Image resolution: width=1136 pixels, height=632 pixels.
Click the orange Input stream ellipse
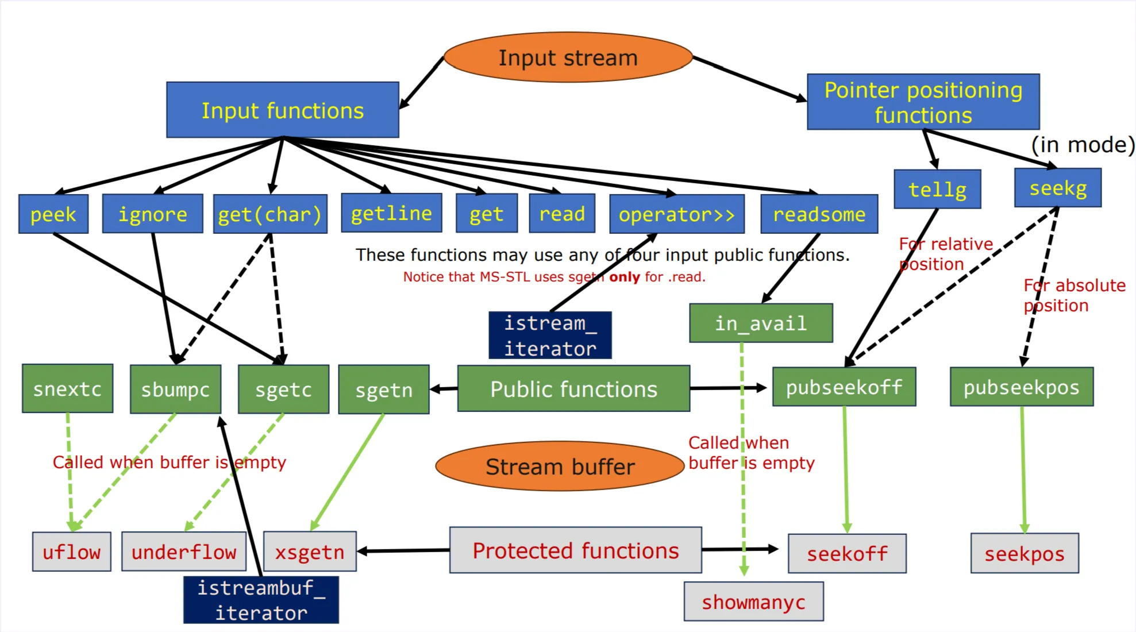[x=568, y=57]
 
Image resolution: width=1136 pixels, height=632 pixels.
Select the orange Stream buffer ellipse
[x=560, y=466]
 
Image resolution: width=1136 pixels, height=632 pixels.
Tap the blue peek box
[x=53, y=214]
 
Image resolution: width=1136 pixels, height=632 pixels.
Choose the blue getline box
[x=391, y=213]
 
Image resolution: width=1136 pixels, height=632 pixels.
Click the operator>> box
[x=676, y=214]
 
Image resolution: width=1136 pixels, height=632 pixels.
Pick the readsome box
[x=819, y=214]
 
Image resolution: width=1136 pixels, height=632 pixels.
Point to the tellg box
[x=937, y=189]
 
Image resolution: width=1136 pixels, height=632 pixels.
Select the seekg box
[x=1058, y=188]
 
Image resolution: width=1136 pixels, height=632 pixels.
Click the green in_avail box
[x=761, y=323]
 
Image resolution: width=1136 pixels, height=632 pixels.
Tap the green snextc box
[x=67, y=389]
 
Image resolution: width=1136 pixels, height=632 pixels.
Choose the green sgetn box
[x=384, y=390]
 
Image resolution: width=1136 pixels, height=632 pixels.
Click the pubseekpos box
[x=1021, y=387]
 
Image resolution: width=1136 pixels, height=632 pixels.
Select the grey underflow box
[x=184, y=552]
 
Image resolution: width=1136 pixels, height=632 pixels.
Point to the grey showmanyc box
[x=753, y=602]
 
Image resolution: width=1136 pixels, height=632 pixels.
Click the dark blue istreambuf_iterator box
[x=261, y=600]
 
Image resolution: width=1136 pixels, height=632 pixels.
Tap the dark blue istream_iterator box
[x=550, y=336]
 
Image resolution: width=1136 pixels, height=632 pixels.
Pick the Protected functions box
[x=575, y=550]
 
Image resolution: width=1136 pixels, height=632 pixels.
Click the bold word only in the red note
[x=625, y=277]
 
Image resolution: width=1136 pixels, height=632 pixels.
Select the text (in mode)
[x=1083, y=145]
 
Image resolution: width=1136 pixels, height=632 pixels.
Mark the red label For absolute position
[x=1073, y=295]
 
